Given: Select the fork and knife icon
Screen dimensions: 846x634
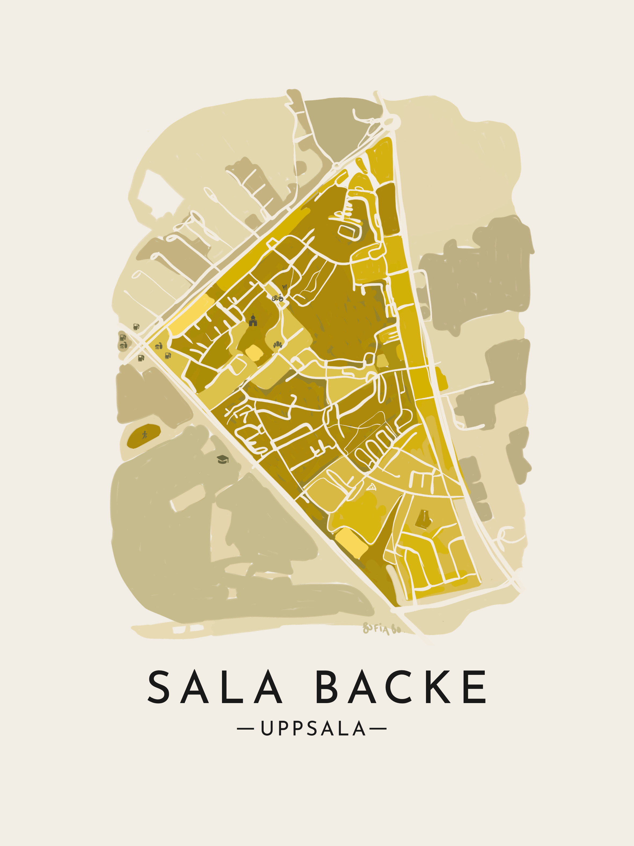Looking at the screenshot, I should pyautogui.click(x=284, y=287).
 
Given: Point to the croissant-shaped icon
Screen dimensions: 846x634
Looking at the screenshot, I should pyautogui.click(x=278, y=345).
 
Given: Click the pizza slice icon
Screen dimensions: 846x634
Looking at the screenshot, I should pyautogui.click(x=371, y=487).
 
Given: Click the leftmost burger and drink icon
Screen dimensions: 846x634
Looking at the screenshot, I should pyautogui.click(x=123, y=345).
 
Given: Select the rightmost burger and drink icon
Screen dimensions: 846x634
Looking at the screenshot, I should pyautogui.click(x=159, y=346).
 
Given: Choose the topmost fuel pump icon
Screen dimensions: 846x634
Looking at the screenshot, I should pyautogui.click(x=136, y=327).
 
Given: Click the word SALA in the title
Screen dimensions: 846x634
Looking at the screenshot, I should pyautogui.click(x=214, y=687).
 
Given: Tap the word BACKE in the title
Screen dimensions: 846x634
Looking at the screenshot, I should pyautogui.click(x=401, y=687).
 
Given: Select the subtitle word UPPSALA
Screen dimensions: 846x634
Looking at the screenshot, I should pyautogui.click(x=313, y=729).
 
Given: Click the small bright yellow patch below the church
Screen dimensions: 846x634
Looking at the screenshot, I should pyautogui.click(x=253, y=352).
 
